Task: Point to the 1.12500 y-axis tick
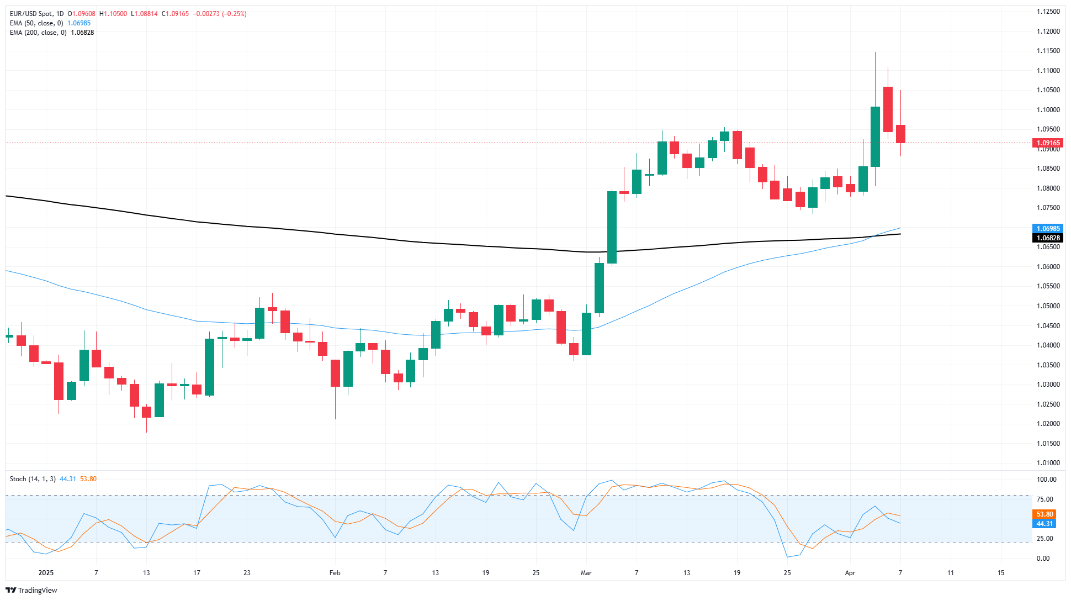click(1048, 12)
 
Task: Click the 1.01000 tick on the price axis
click(1048, 463)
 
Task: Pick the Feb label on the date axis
click(335, 573)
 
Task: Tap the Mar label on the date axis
click(586, 573)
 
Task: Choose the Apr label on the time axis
click(850, 573)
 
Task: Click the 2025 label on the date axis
click(46, 573)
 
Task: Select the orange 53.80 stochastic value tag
click(1045, 514)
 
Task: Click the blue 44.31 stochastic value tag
click(1045, 524)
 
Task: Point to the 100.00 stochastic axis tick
click(1046, 480)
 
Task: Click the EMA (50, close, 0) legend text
click(36, 23)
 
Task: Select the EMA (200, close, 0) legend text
click(38, 33)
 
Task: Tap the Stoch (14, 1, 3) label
click(33, 479)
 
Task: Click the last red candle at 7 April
click(900, 134)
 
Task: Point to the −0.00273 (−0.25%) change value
click(220, 14)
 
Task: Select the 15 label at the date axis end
click(1001, 573)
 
